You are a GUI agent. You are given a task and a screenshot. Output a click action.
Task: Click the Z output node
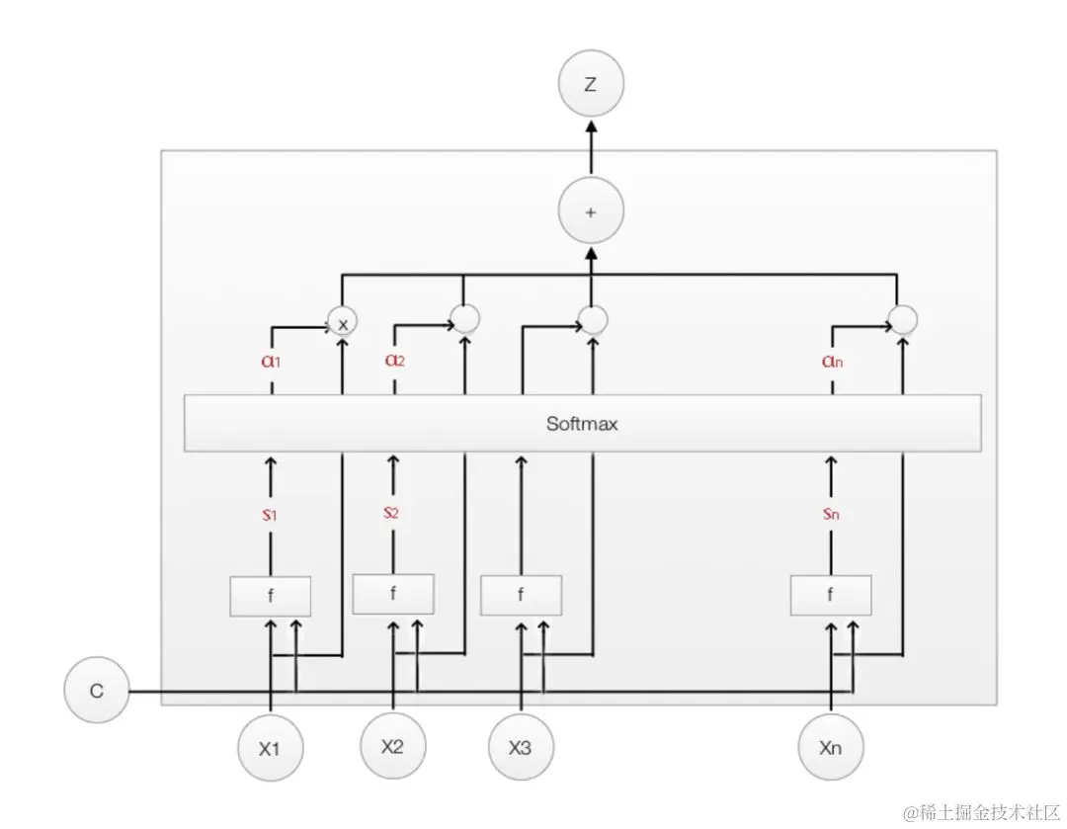pyautogui.click(x=591, y=85)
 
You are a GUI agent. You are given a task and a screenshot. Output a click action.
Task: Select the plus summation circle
pyautogui.click(x=591, y=211)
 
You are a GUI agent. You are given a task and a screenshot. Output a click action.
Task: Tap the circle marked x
pyautogui.click(x=343, y=323)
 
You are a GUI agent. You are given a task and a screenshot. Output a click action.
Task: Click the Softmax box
pyautogui.click(x=582, y=424)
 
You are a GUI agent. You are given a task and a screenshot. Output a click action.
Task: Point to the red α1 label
pyautogui.click(x=271, y=362)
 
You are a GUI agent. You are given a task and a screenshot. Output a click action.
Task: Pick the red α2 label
pyautogui.click(x=395, y=362)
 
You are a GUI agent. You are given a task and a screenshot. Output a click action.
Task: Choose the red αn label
pyautogui.click(x=832, y=362)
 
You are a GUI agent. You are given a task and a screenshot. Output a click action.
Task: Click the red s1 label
pyautogui.click(x=271, y=515)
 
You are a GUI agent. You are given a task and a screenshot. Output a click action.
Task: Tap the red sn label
pyautogui.click(x=831, y=515)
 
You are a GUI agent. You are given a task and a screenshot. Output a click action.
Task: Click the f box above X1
pyautogui.click(x=271, y=596)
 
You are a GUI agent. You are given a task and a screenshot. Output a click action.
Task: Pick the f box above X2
pyautogui.click(x=393, y=594)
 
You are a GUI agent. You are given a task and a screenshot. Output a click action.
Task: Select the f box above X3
pyautogui.click(x=521, y=596)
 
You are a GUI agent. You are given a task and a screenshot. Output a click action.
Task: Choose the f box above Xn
pyautogui.click(x=831, y=596)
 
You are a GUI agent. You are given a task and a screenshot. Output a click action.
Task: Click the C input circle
pyautogui.click(x=97, y=692)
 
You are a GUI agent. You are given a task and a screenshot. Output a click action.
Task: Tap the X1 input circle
pyautogui.click(x=270, y=748)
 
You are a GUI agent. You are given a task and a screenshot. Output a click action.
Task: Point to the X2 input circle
pyautogui.click(x=392, y=746)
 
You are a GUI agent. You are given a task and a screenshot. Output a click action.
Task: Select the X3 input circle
pyautogui.click(x=521, y=748)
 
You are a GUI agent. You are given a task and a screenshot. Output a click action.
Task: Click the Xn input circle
pyautogui.click(x=831, y=748)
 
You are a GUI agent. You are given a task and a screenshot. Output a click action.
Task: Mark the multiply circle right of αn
pyautogui.click(x=902, y=319)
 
